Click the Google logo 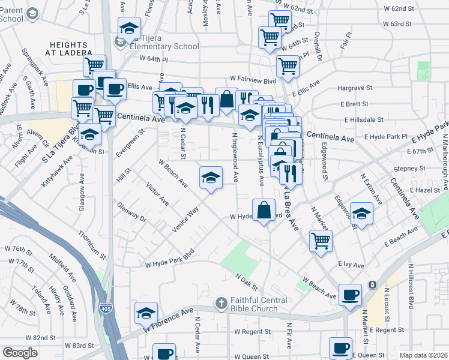click(20, 353)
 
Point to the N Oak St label click(246, 279)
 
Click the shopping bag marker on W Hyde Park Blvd click(264, 211)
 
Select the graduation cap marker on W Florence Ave click(145, 313)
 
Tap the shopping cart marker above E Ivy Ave click(321, 241)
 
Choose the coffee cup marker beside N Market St click(350, 294)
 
